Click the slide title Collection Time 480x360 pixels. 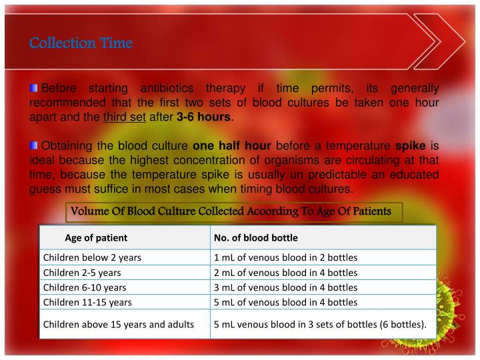pyautogui.click(x=81, y=43)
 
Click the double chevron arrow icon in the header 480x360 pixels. pyautogui.click(x=433, y=41)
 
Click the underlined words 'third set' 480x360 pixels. pyautogui.click(x=125, y=117)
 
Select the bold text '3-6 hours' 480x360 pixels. pyautogui.click(x=203, y=117)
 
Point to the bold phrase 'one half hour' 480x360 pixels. pyautogui.click(x=231, y=146)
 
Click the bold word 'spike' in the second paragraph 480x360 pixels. pyautogui.click(x=411, y=146)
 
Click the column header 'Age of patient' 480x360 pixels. pyautogui.click(x=96, y=237)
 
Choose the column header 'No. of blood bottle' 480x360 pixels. pyautogui.click(x=255, y=237)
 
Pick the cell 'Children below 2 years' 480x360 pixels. pyautogui.click(x=92, y=257)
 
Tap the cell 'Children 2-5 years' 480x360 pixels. pyautogui.click(x=82, y=273)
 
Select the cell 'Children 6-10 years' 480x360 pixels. pyautogui.click(x=85, y=287)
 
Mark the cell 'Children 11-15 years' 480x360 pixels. pyautogui.click(x=87, y=302)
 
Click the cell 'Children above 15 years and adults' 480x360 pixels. pyautogui.click(x=119, y=325)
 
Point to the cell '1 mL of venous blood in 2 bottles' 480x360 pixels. pyautogui.click(x=285, y=257)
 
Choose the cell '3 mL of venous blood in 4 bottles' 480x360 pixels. pyautogui.click(x=285, y=287)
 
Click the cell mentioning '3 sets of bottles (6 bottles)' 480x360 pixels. pyautogui.click(x=320, y=325)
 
